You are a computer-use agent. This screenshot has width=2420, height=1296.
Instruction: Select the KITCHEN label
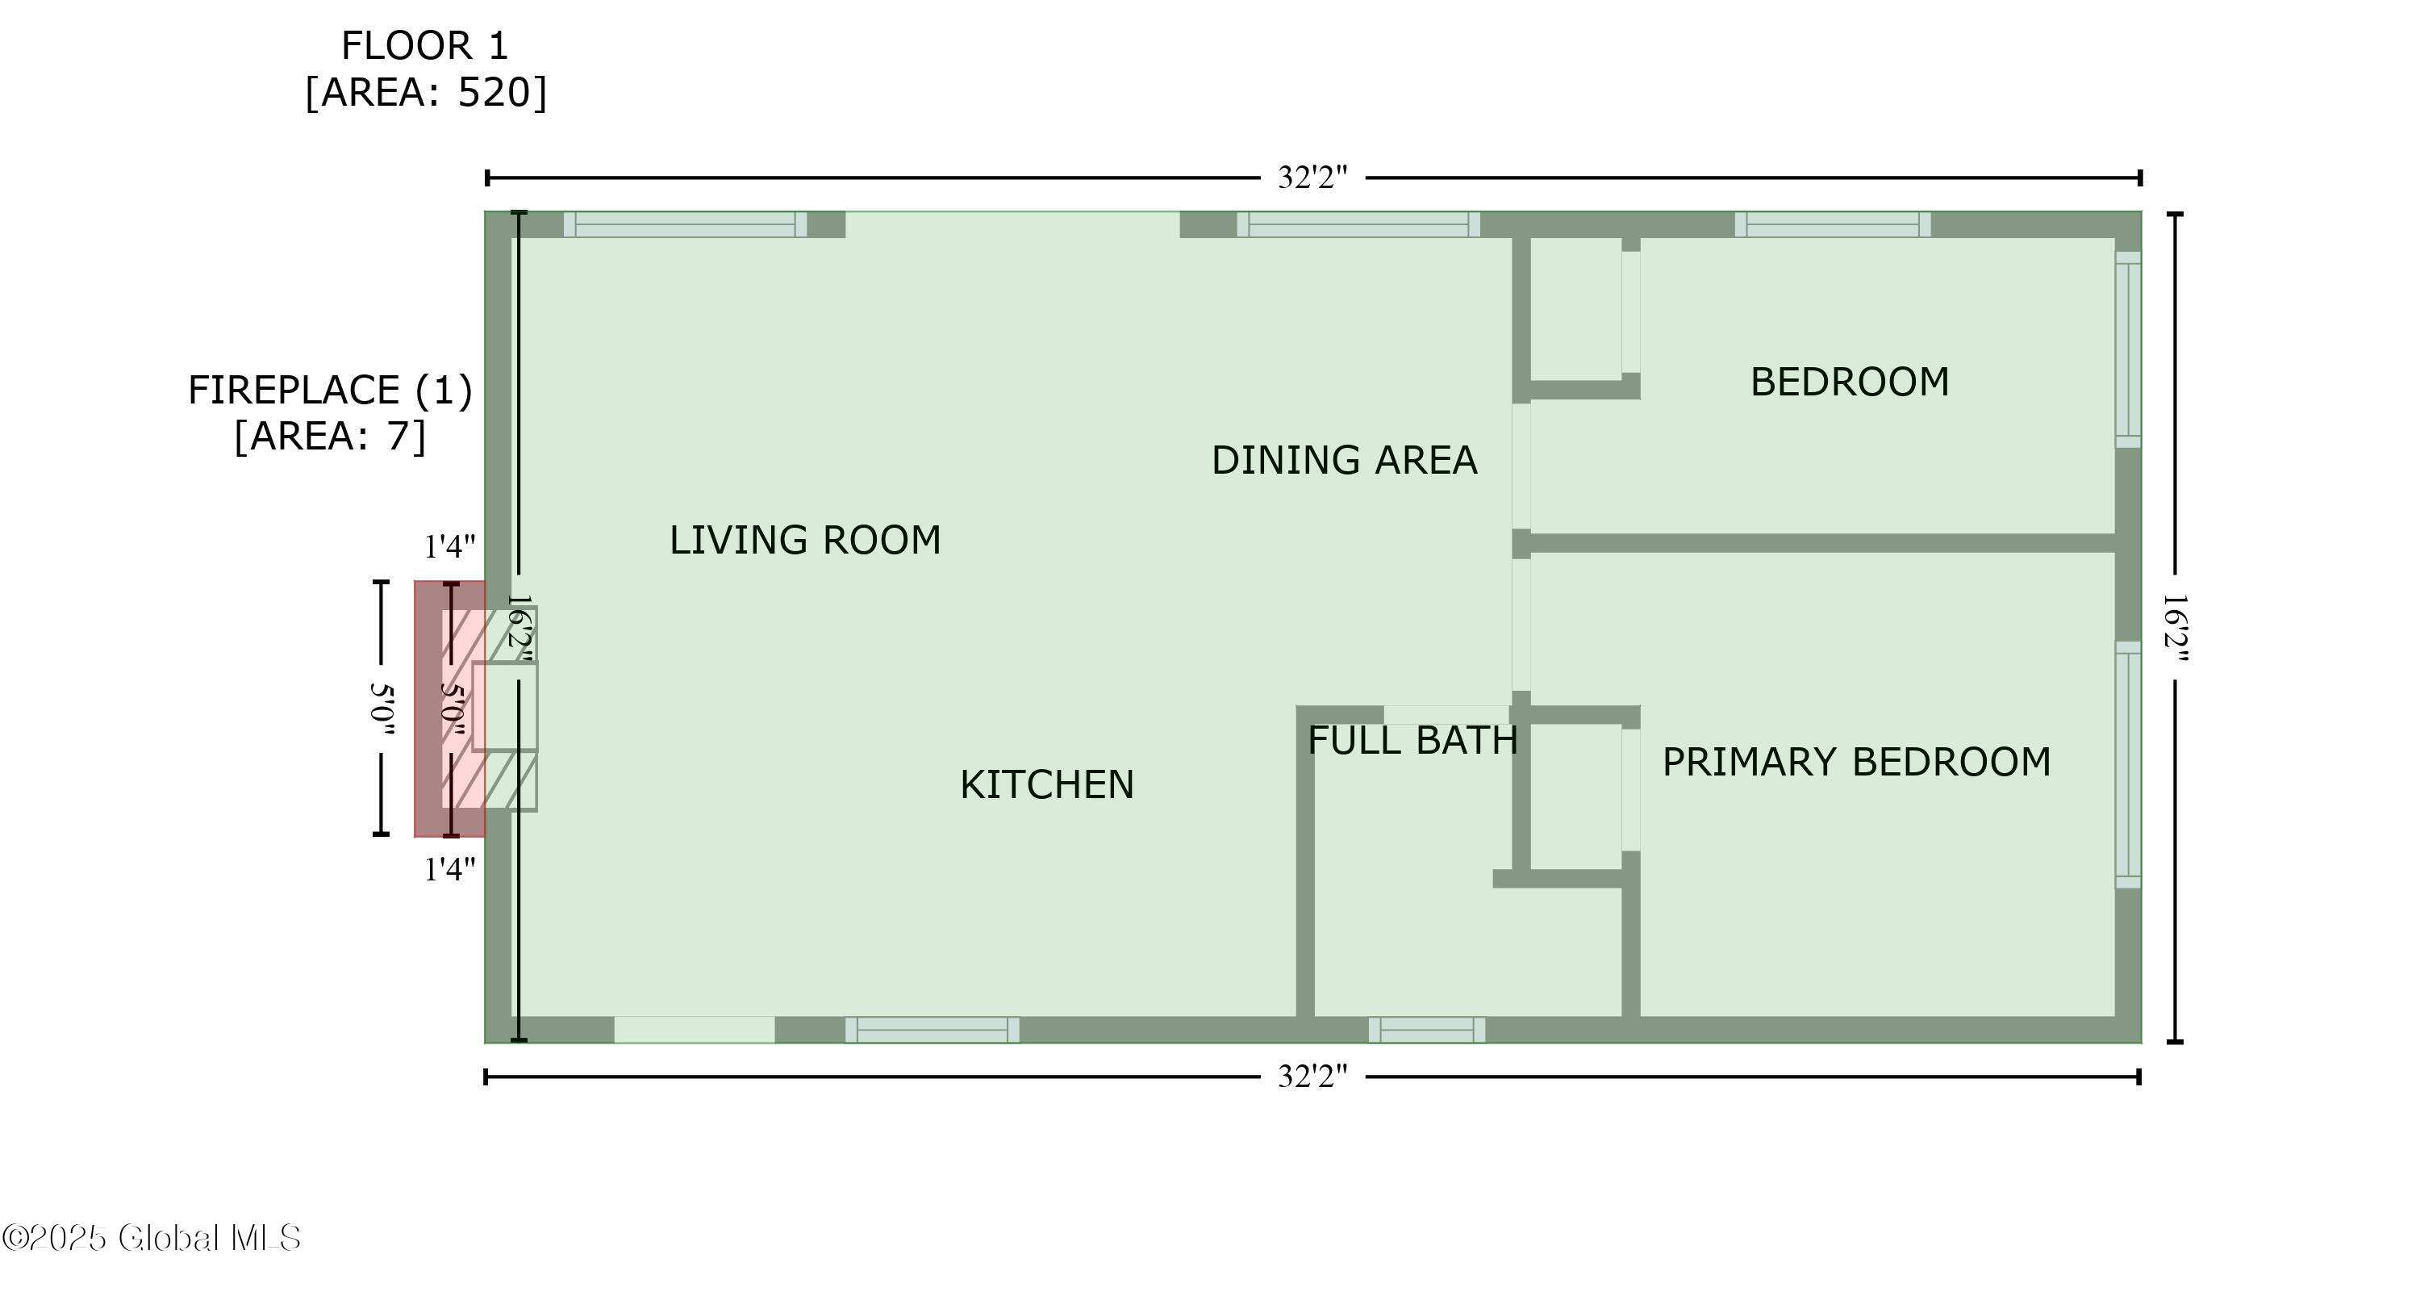click(1046, 784)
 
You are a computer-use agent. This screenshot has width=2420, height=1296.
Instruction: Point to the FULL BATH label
click(1412, 741)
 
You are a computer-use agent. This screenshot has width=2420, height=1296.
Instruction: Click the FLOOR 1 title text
click(423, 46)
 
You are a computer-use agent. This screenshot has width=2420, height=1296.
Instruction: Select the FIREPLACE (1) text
click(330, 390)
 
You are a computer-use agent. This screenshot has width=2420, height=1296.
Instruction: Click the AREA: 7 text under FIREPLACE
click(330, 436)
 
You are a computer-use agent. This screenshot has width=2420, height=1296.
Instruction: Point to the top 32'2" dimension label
click(1312, 178)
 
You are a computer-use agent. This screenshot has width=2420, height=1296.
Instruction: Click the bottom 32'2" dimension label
click(1312, 1076)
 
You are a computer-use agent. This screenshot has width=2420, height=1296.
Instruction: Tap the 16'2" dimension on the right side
click(2175, 628)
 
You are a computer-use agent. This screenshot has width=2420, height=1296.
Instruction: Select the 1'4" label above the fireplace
click(450, 547)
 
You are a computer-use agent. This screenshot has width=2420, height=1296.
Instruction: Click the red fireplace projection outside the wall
click(430, 709)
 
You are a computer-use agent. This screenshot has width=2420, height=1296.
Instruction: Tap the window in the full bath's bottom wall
click(1426, 1030)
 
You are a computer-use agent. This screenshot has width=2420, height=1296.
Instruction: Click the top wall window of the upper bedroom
click(1832, 224)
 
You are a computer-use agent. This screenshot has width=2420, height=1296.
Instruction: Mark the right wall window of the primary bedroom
click(2128, 764)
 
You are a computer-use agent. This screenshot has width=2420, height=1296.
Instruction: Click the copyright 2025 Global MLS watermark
click(152, 1238)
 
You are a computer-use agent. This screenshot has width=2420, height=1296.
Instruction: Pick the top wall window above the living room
click(685, 224)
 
